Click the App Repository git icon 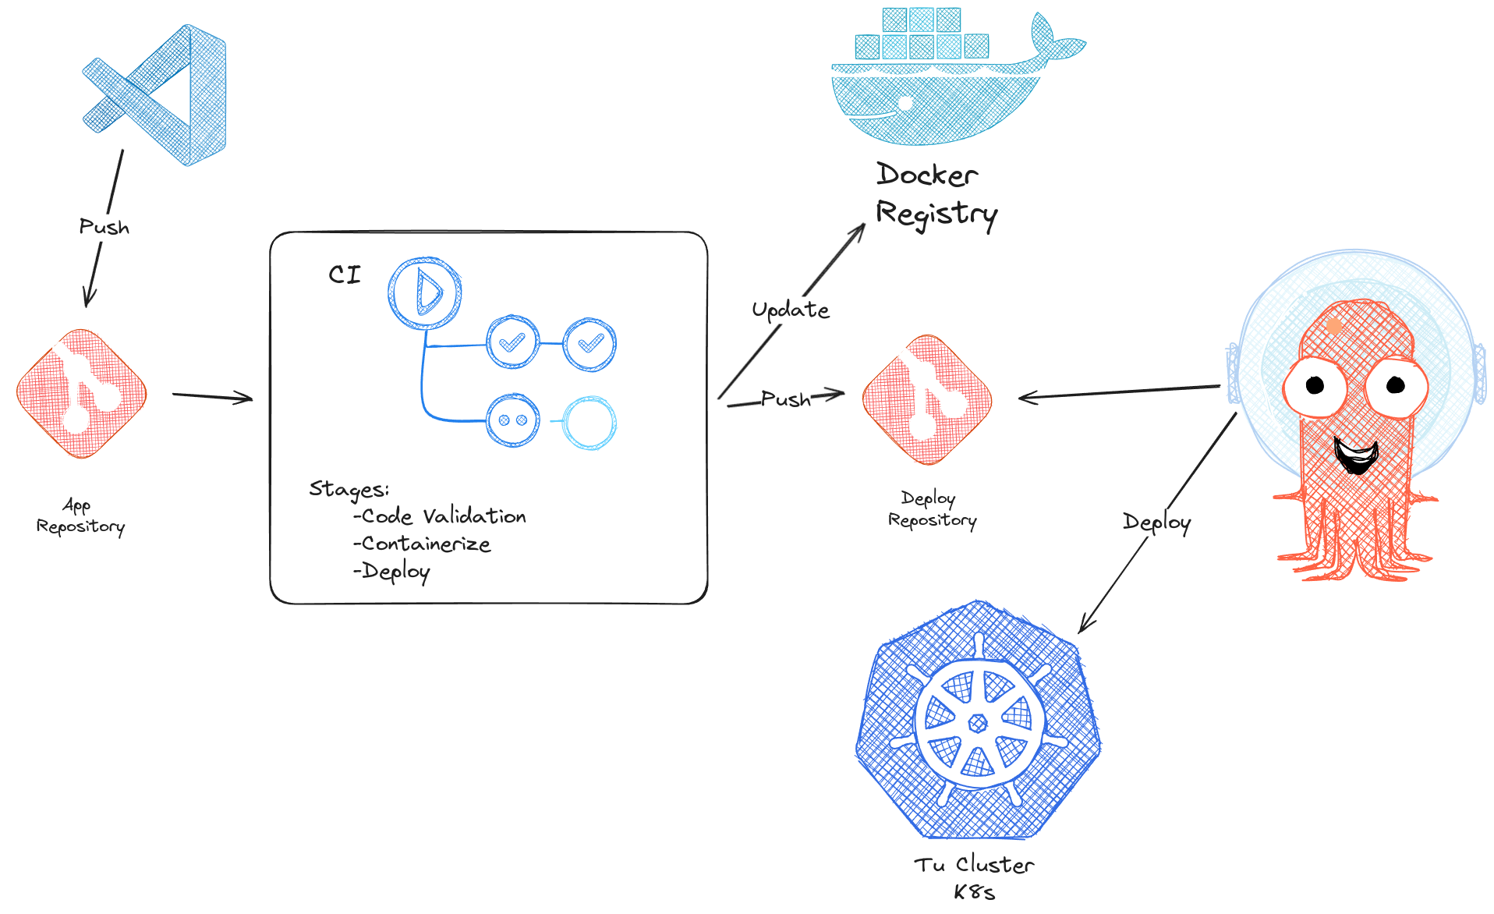pyautogui.click(x=81, y=393)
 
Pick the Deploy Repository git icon pyautogui.click(x=927, y=399)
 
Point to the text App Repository pyautogui.click(x=80, y=516)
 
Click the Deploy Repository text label pyautogui.click(x=932, y=509)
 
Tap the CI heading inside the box pyautogui.click(x=345, y=275)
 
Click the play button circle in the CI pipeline pyautogui.click(x=425, y=293)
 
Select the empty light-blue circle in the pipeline pyautogui.click(x=590, y=423)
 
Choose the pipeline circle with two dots pyautogui.click(x=512, y=420)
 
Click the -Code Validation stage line pyautogui.click(x=441, y=516)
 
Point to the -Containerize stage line pyautogui.click(x=423, y=544)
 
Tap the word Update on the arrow pyautogui.click(x=790, y=310)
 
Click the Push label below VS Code pyautogui.click(x=104, y=227)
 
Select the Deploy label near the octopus pyautogui.click(x=1156, y=523)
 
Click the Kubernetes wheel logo pyautogui.click(x=978, y=721)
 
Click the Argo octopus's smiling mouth pyautogui.click(x=1356, y=455)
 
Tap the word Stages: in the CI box pyautogui.click(x=349, y=489)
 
